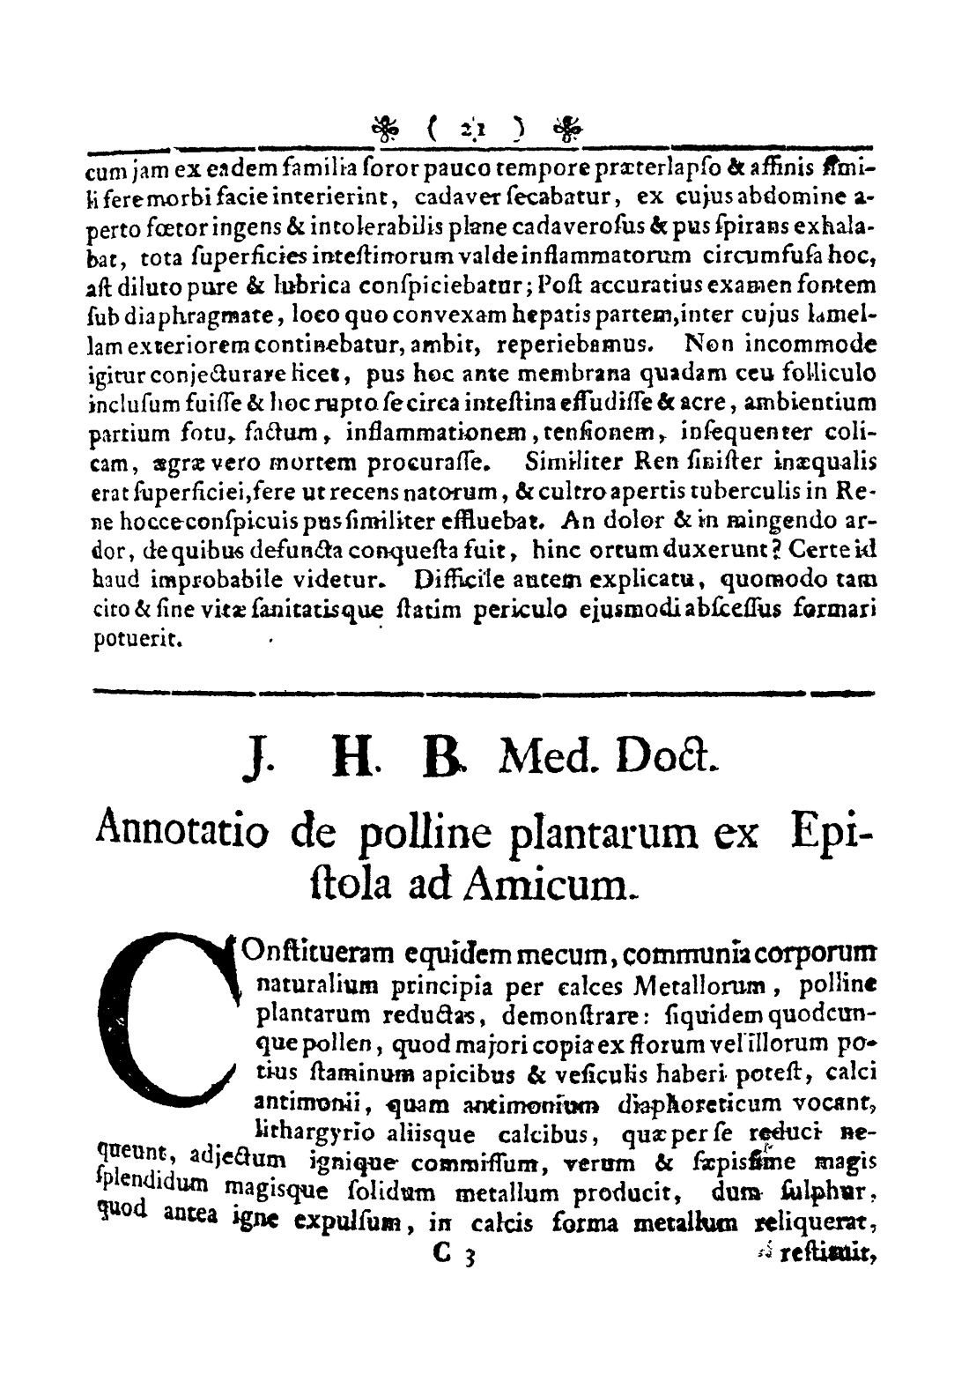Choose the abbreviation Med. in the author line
[545, 753]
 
